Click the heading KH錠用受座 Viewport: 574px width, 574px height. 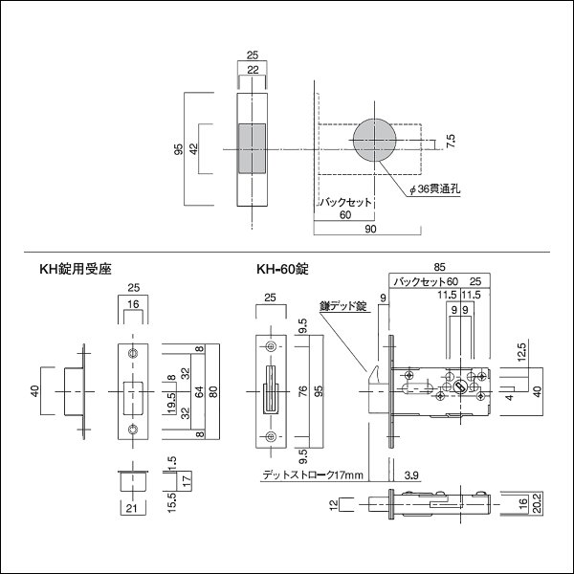[75, 272]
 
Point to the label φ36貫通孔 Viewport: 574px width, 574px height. [434, 190]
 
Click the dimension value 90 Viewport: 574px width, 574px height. [367, 231]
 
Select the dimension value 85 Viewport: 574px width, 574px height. [438, 267]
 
